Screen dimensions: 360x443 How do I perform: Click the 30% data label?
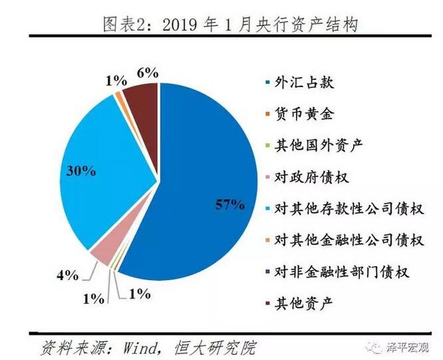[x=81, y=170]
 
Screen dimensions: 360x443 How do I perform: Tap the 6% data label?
[x=147, y=73]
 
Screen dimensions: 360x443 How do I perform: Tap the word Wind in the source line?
[x=132, y=347]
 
